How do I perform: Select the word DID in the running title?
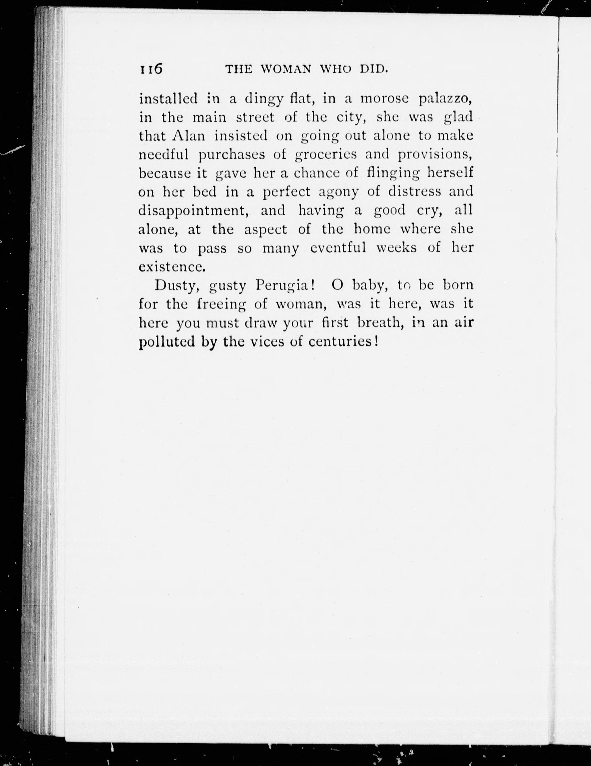tap(374, 69)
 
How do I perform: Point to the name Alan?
tap(189, 136)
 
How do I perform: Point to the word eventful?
tap(338, 248)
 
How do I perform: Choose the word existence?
tap(171, 267)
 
